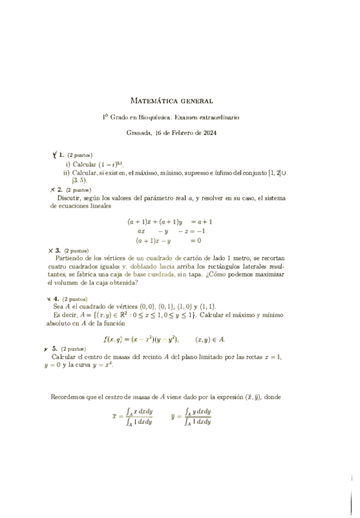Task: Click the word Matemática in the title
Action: tap(152, 100)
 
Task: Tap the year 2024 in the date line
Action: tap(210, 133)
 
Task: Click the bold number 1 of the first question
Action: tap(61, 155)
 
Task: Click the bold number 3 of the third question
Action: tap(57, 250)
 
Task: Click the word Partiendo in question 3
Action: tap(68, 258)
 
